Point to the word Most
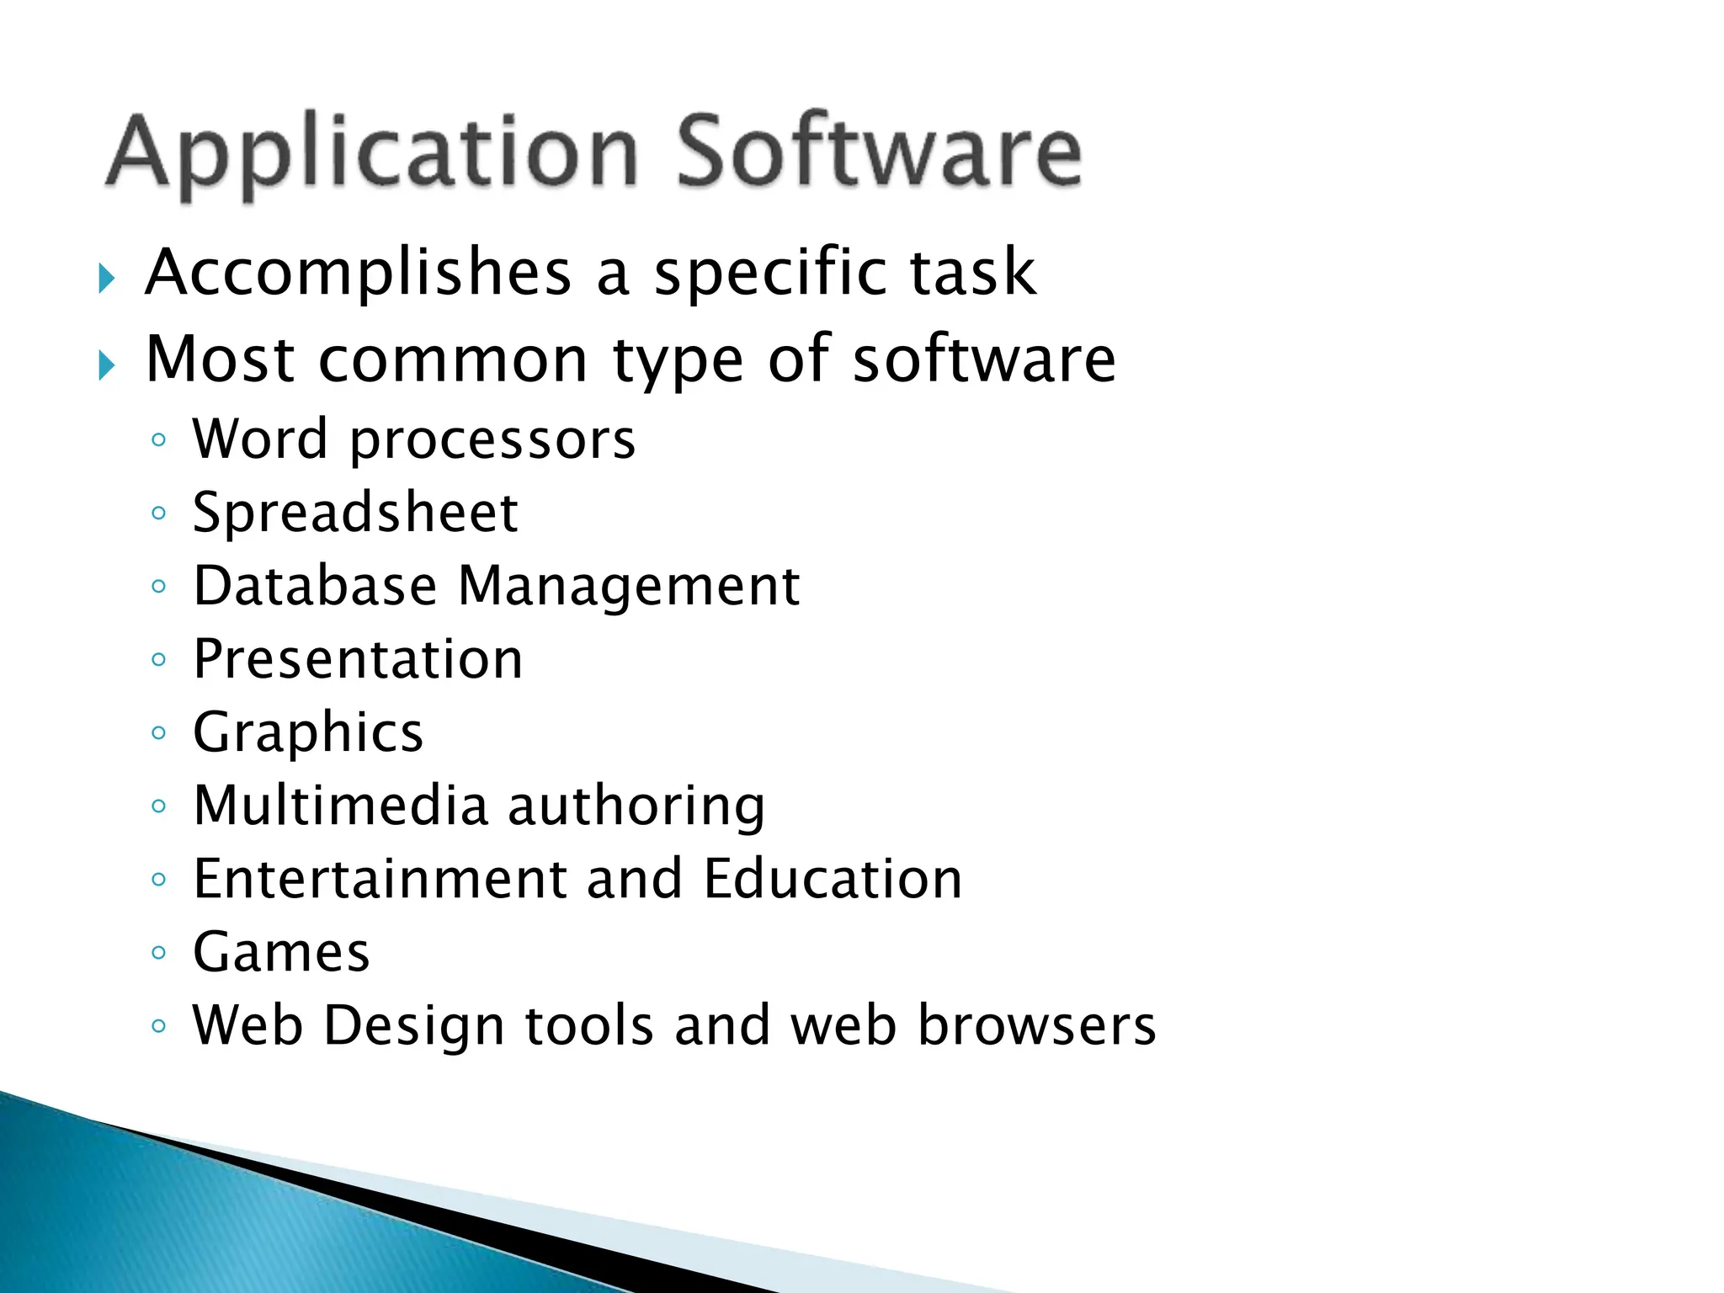[x=220, y=359]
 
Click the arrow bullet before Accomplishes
[x=106, y=278]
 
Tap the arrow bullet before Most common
[x=106, y=365]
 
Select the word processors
[x=492, y=440]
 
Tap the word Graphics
[x=308, y=732]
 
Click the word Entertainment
[x=380, y=879]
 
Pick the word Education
[x=832, y=879]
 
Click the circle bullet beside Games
[x=159, y=953]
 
